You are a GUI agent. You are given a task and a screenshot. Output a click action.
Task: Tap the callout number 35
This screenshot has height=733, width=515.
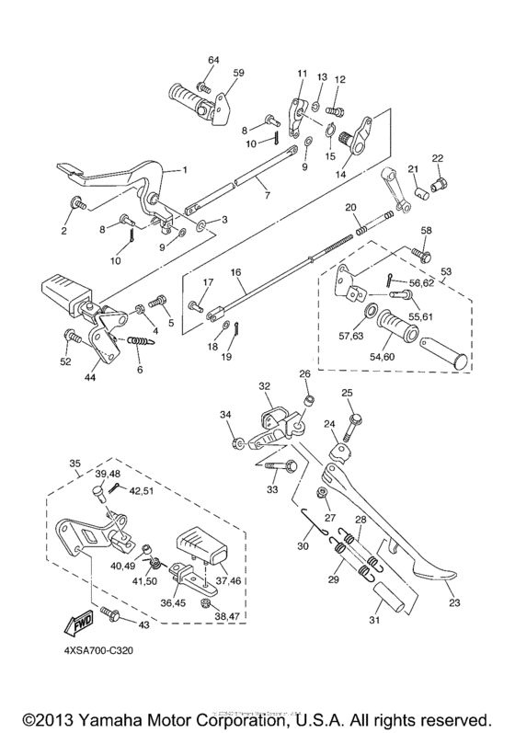[75, 464]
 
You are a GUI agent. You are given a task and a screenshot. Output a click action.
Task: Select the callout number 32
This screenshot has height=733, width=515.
[265, 386]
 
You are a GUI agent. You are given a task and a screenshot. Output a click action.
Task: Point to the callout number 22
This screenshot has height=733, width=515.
[438, 159]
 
